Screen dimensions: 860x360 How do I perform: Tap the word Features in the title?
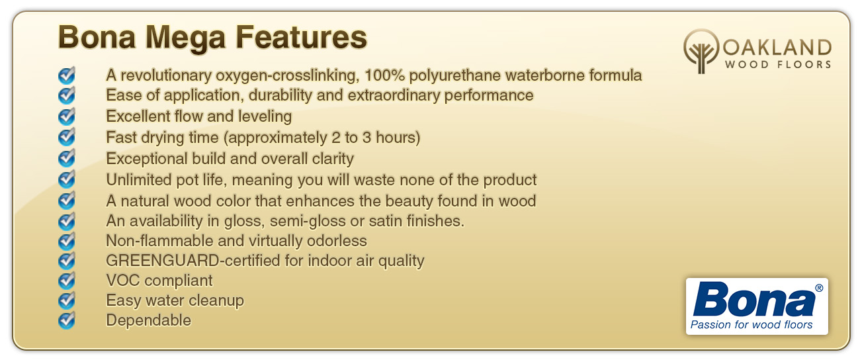click(301, 37)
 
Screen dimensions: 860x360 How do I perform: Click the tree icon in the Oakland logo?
click(701, 51)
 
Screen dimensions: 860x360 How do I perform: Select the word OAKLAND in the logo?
click(777, 48)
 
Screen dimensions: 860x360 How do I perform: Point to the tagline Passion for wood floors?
click(752, 325)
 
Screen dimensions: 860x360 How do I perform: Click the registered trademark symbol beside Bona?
click(818, 288)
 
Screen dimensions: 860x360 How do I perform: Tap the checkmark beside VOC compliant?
click(66, 281)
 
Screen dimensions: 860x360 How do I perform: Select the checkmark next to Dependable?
click(66, 320)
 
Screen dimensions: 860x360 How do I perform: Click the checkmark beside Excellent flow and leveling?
click(66, 116)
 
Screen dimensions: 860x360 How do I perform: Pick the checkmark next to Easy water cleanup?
click(66, 300)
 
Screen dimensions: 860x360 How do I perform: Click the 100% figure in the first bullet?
click(384, 75)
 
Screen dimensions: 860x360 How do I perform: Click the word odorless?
click(337, 241)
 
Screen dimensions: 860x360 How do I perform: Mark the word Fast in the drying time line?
click(121, 138)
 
